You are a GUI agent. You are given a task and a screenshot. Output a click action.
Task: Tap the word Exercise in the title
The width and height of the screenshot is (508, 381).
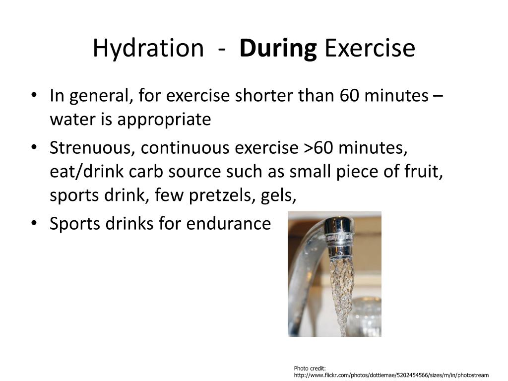point(370,49)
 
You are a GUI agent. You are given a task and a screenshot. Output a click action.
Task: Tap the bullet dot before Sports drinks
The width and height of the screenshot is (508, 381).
point(33,223)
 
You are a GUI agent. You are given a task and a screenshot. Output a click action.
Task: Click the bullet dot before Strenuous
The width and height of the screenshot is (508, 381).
point(33,147)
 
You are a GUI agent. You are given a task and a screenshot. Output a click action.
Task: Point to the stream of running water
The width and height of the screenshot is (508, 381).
point(341,288)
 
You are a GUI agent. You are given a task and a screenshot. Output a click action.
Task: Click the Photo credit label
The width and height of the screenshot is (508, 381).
point(310,368)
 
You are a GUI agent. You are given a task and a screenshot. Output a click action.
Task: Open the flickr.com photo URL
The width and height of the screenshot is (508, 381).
point(391,375)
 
